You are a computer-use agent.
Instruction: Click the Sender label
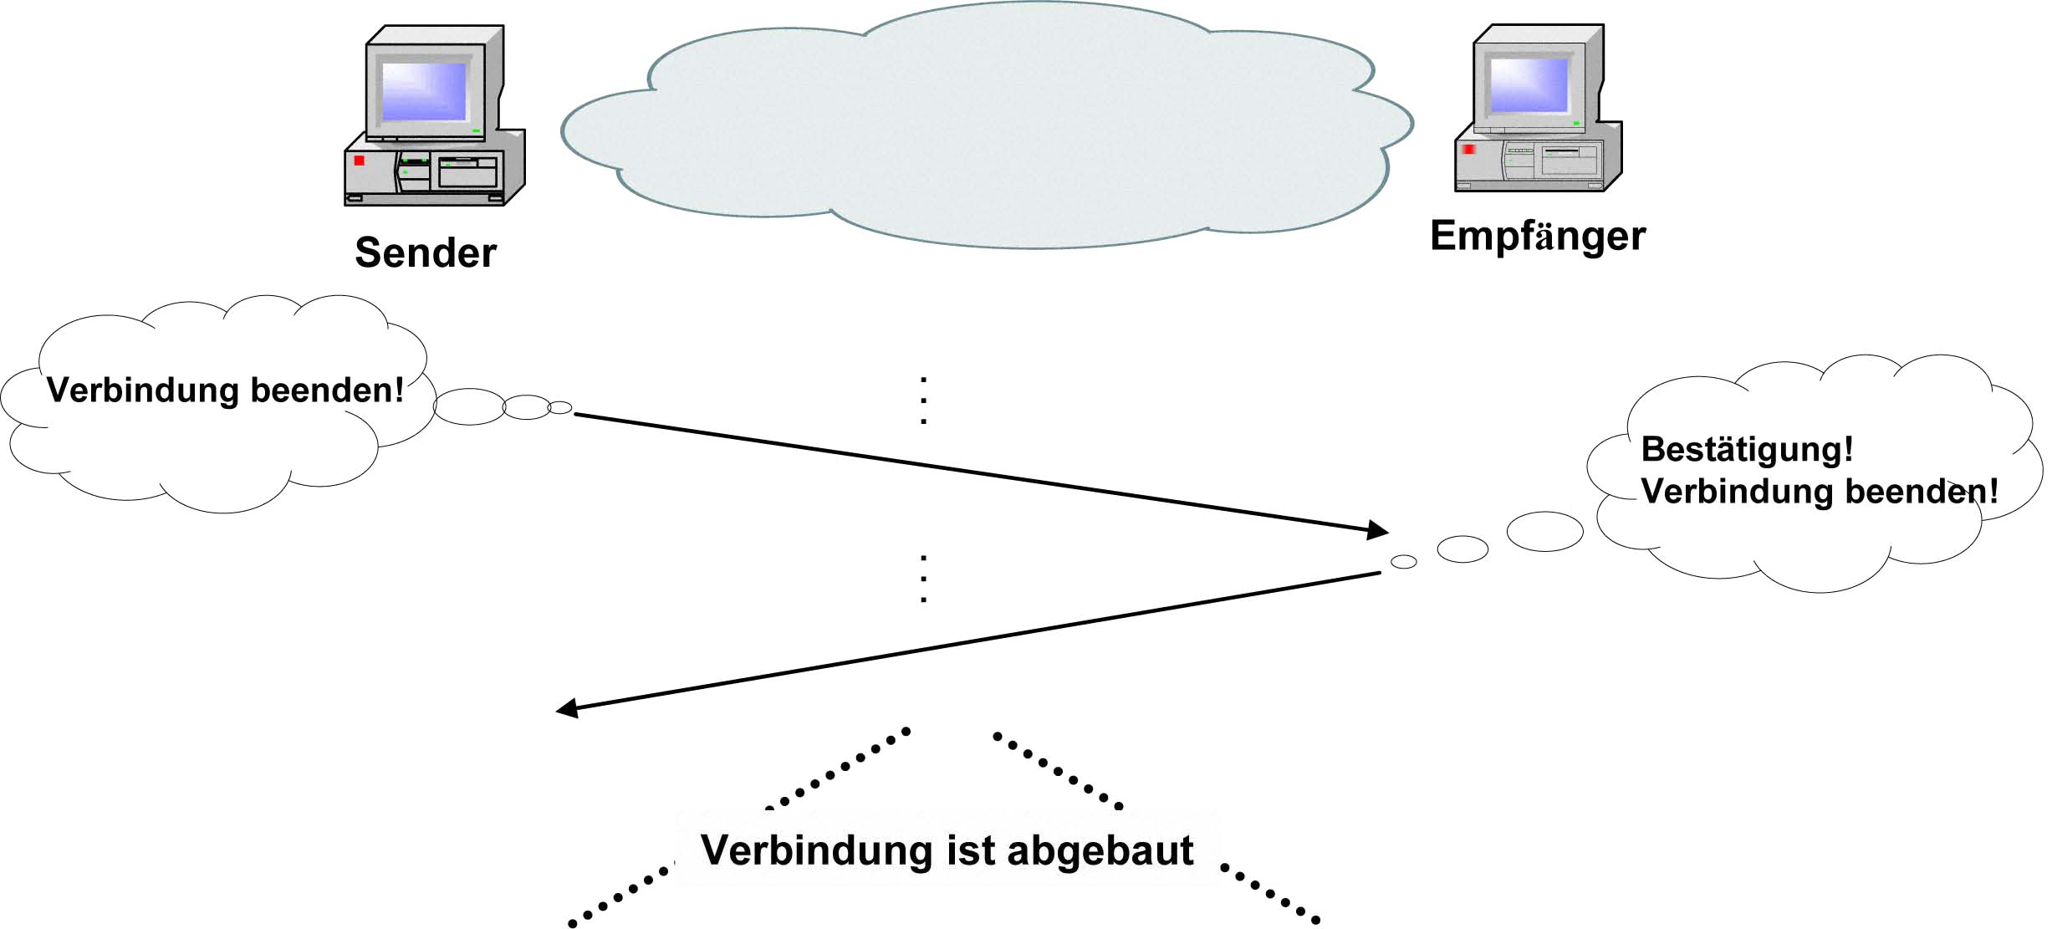[x=426, y=253]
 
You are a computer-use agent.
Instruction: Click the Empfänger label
[x=1537, y=236]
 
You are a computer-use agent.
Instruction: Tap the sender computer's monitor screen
[x=423, y=91]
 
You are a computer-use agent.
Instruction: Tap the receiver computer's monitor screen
[x=1529, y=84]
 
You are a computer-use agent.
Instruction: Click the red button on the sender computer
[x=360, y=160]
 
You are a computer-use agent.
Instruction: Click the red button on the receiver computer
[x=1468, y=149]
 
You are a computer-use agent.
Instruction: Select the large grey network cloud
[x=987, y=125]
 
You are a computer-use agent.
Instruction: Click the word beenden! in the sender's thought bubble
[x=327, y=390]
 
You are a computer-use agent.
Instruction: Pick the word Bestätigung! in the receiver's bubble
[x=1747, y=450]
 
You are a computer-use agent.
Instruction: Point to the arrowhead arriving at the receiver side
[x=1378, y=529]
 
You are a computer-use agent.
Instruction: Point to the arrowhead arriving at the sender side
[x=568, y=708]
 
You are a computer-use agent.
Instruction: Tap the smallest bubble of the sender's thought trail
[x=559, y=408]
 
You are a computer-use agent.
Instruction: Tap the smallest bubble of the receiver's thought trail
[x=1403, y=562]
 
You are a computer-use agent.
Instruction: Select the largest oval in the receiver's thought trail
[x=1544, y=532]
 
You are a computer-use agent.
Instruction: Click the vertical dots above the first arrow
[x=923, y=401]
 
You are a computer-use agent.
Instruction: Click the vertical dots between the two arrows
[x=923, y=579]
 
